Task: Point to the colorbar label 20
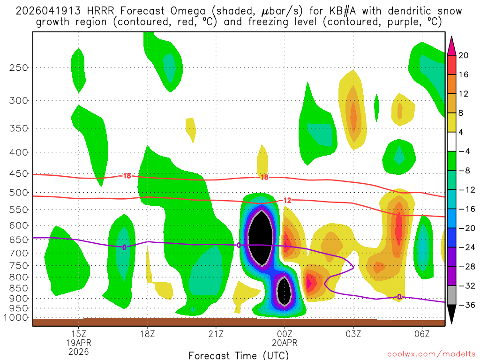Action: coord(464,55)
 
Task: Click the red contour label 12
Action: coord(287,201)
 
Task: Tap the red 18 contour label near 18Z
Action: coord(127,176)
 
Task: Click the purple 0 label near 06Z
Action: coord(399,297)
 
